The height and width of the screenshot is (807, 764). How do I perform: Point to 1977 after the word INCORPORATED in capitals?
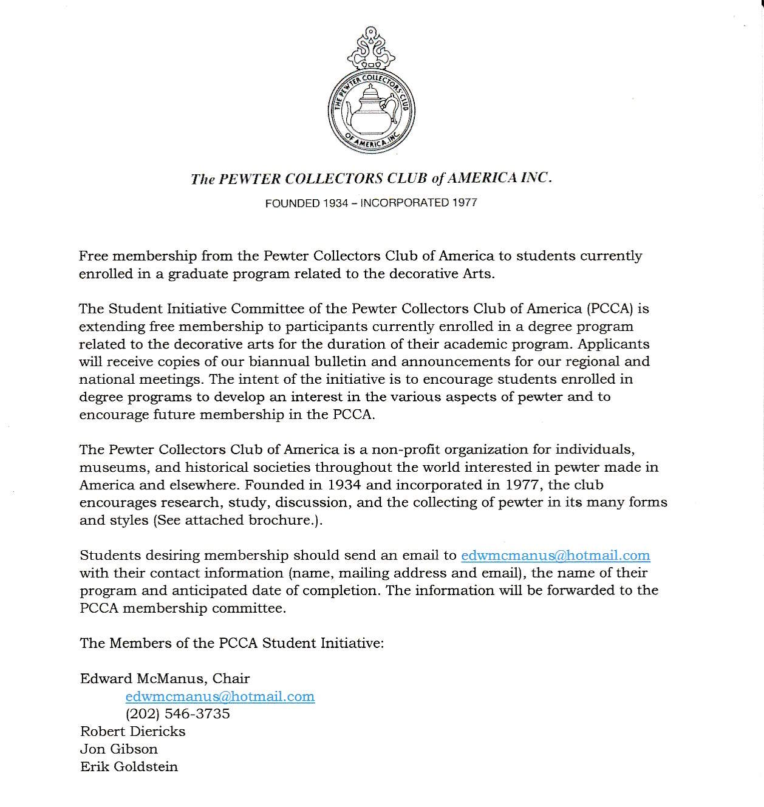click(x=464, y=203)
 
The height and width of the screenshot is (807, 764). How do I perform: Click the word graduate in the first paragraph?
click(x=196, y=274)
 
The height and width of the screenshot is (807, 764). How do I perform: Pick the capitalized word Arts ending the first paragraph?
click(x=477, y=273)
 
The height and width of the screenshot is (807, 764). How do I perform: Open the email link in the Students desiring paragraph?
click(x=555, y=555)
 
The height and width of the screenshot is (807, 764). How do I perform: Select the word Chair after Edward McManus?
click(x=231, y=678)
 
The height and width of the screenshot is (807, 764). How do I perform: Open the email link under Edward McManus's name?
click(x=220, y=696)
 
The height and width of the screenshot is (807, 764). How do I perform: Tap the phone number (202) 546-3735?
click(x=177, y=713)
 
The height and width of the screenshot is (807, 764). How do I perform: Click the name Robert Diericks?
click(x=132, y=731)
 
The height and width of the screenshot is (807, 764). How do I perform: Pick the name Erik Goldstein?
click(x=129, y=766)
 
